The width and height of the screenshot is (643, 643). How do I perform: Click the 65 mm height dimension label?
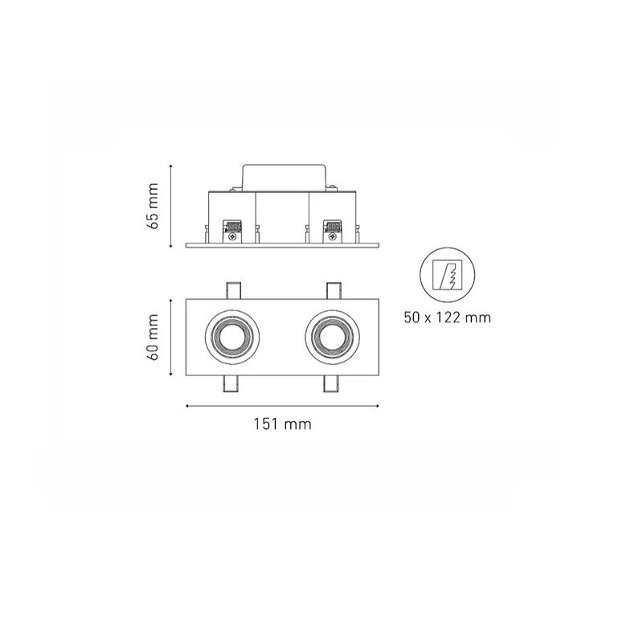coord(153,206)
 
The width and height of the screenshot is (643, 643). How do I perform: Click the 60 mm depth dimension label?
coord(153,337)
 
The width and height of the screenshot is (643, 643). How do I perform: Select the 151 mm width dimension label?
coord(283,424)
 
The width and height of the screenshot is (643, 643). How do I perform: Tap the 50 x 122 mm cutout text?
coord(448,317)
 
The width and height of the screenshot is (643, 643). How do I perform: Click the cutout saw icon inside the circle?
coord(448,275)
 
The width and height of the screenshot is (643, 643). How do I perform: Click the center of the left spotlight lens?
coord(231,337)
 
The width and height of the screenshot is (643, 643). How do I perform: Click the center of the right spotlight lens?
coord(332,337)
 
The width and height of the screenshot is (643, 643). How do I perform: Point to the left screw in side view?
coord(232,236)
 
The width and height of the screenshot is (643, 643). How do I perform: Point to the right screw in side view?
coord(333,236)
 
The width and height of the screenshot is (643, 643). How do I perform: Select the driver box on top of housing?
coord(285,178)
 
